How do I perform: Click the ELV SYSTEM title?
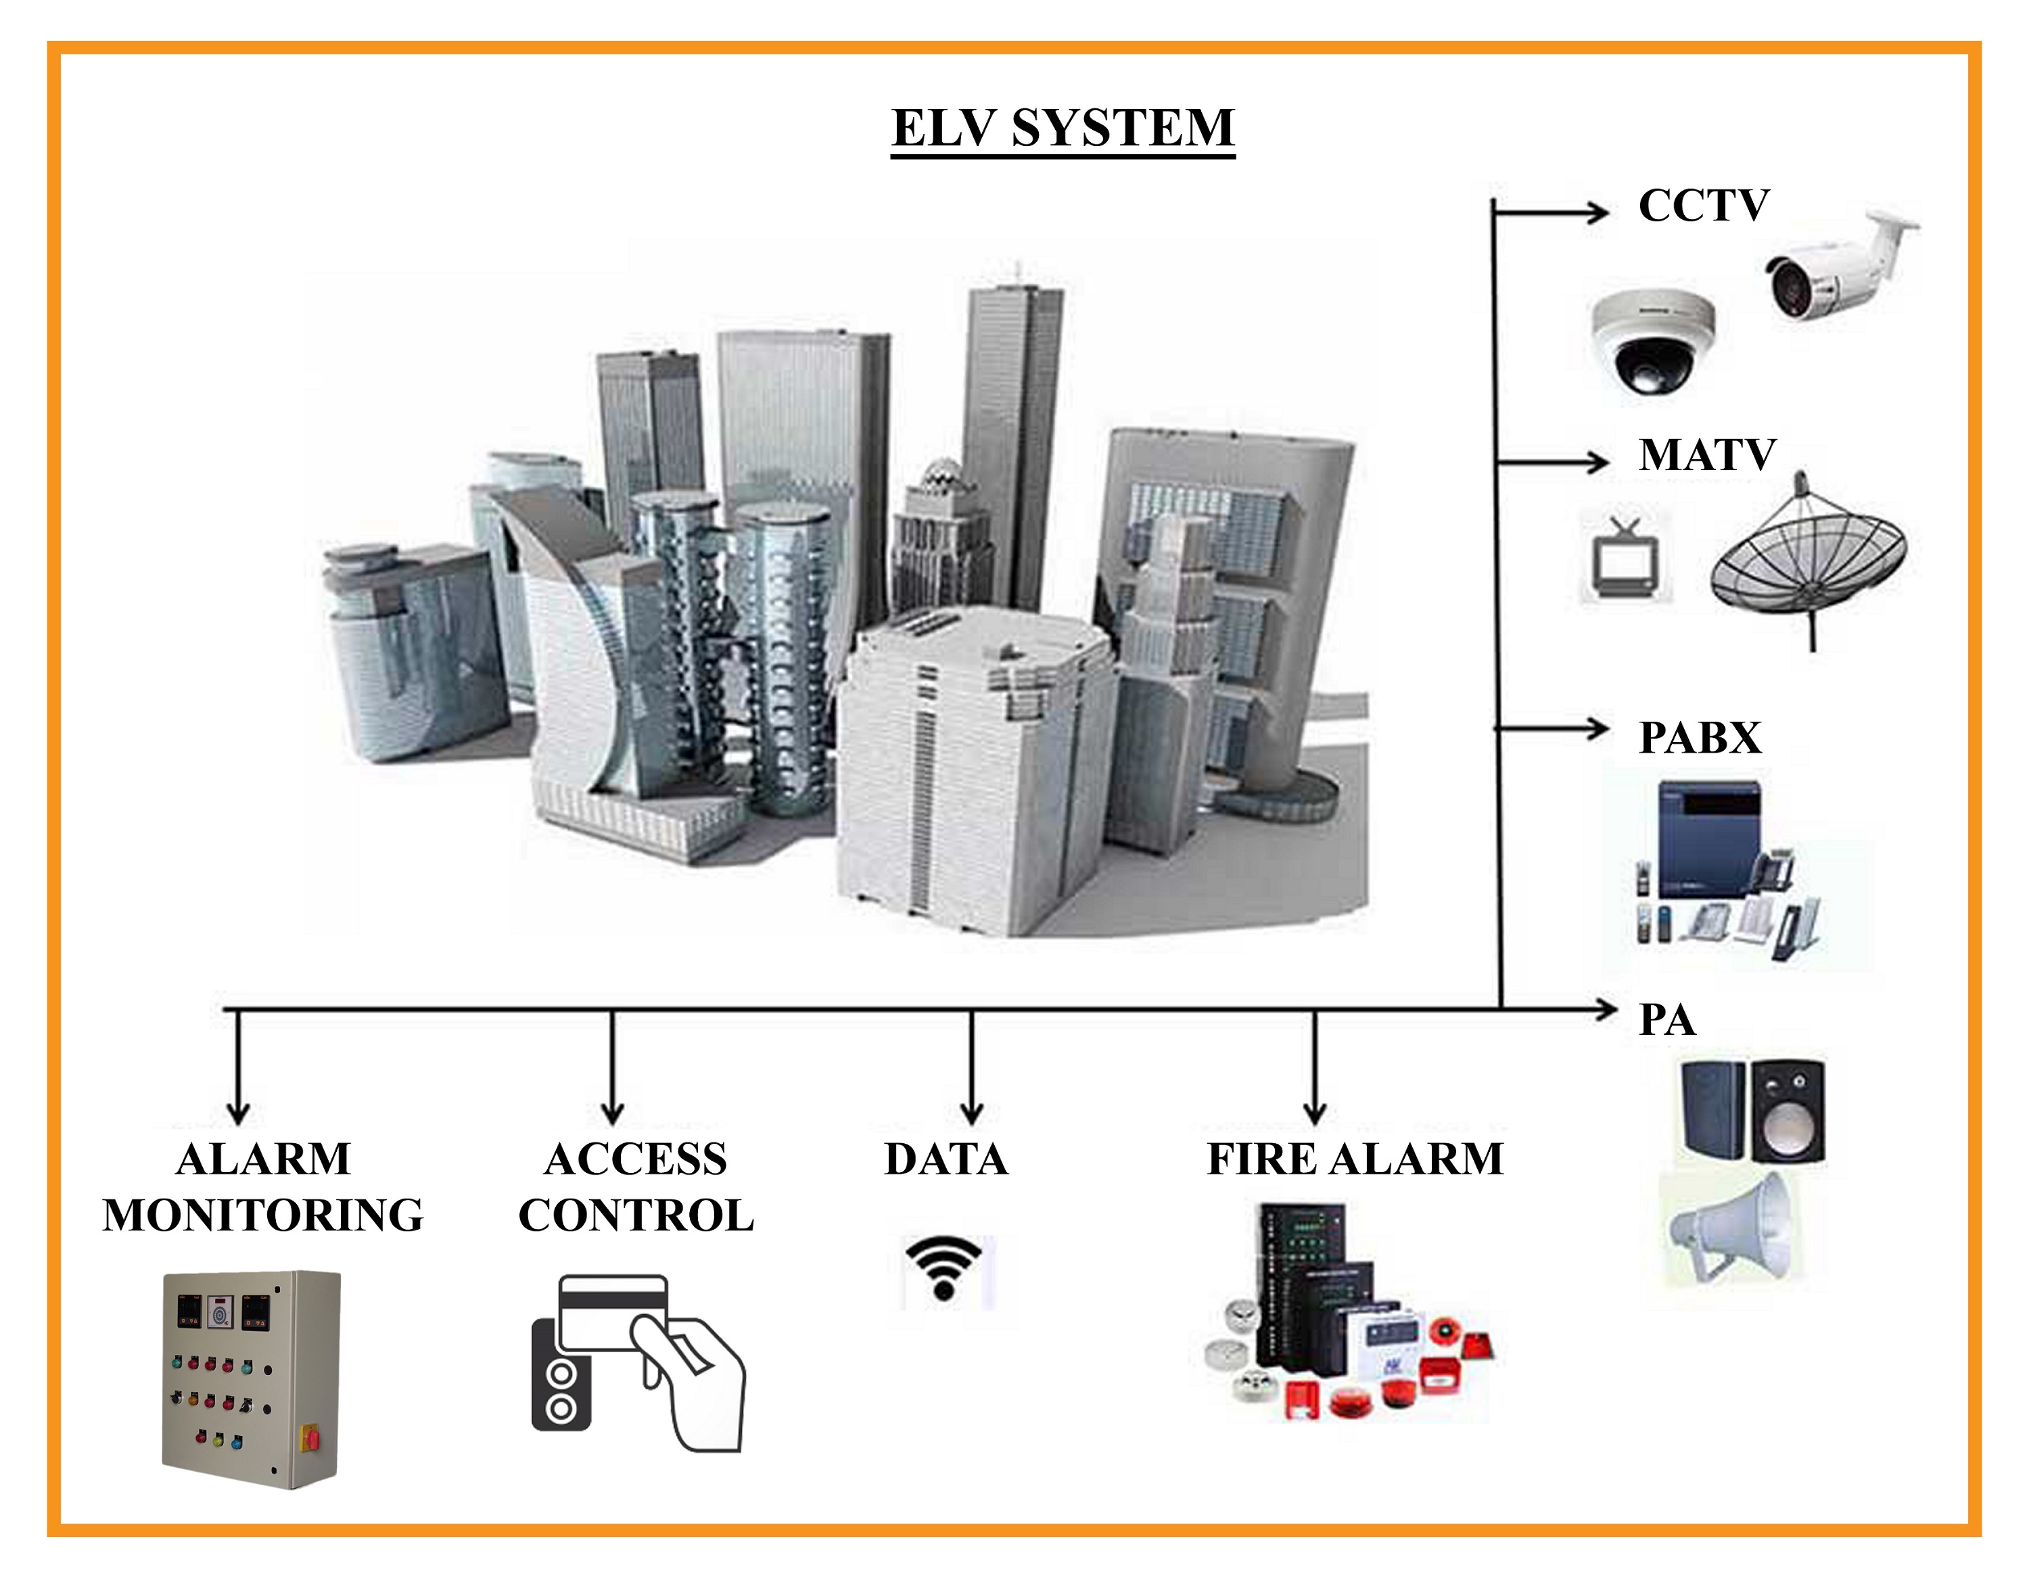click(x=1063, y=129)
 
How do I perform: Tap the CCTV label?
click(x=1704, y=206)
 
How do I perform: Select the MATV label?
click(x=1706, y=455)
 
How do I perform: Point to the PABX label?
click(x=1700, y=738)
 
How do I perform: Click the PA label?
click(x=1666, y=1019)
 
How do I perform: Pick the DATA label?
click(x=946, y=1159)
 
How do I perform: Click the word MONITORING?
click(x=263, y=1215)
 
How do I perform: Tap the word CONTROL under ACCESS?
click(x=636, y=1215)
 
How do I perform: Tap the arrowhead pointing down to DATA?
click(x=972, y=1113)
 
